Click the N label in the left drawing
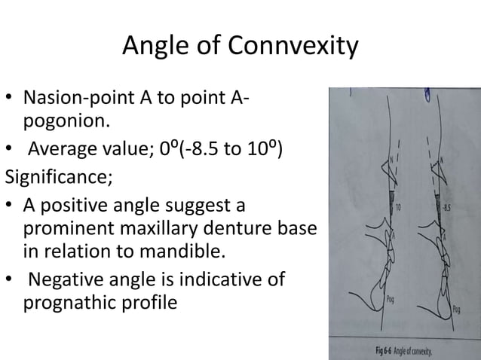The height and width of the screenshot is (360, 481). point(392,160)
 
